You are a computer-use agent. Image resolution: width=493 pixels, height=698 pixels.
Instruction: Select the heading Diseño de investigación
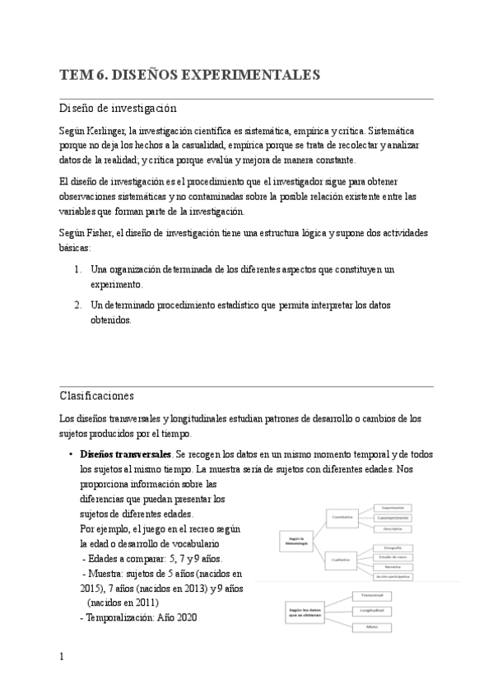point(119,108)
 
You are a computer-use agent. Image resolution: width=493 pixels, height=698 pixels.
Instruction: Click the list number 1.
point(77,269)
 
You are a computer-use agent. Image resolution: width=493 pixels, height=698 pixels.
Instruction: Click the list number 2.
point(77,305)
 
